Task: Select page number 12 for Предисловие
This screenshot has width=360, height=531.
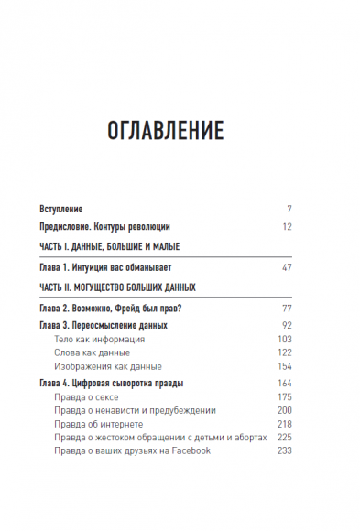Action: (286, 226)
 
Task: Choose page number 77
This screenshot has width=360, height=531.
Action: (286, 309)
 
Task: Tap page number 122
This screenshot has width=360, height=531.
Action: (284, 352)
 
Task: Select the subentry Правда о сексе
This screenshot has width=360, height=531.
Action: (85, 396)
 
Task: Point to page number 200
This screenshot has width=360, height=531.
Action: (284, 410)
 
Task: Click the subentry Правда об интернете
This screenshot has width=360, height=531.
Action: (98, 424)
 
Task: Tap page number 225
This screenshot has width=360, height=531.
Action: (284, 438)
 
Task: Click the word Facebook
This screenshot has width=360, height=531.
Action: (189, 451)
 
